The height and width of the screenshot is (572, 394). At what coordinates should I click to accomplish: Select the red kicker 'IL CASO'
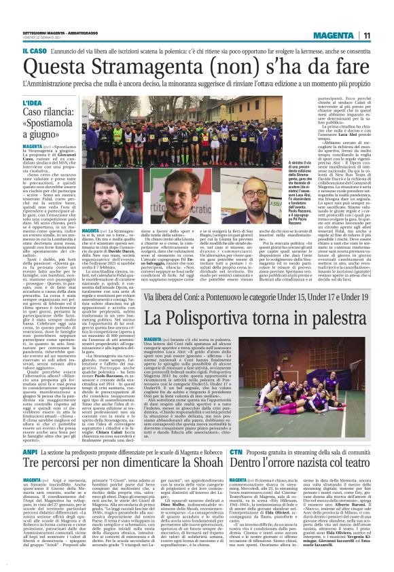(x=16, y=50)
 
